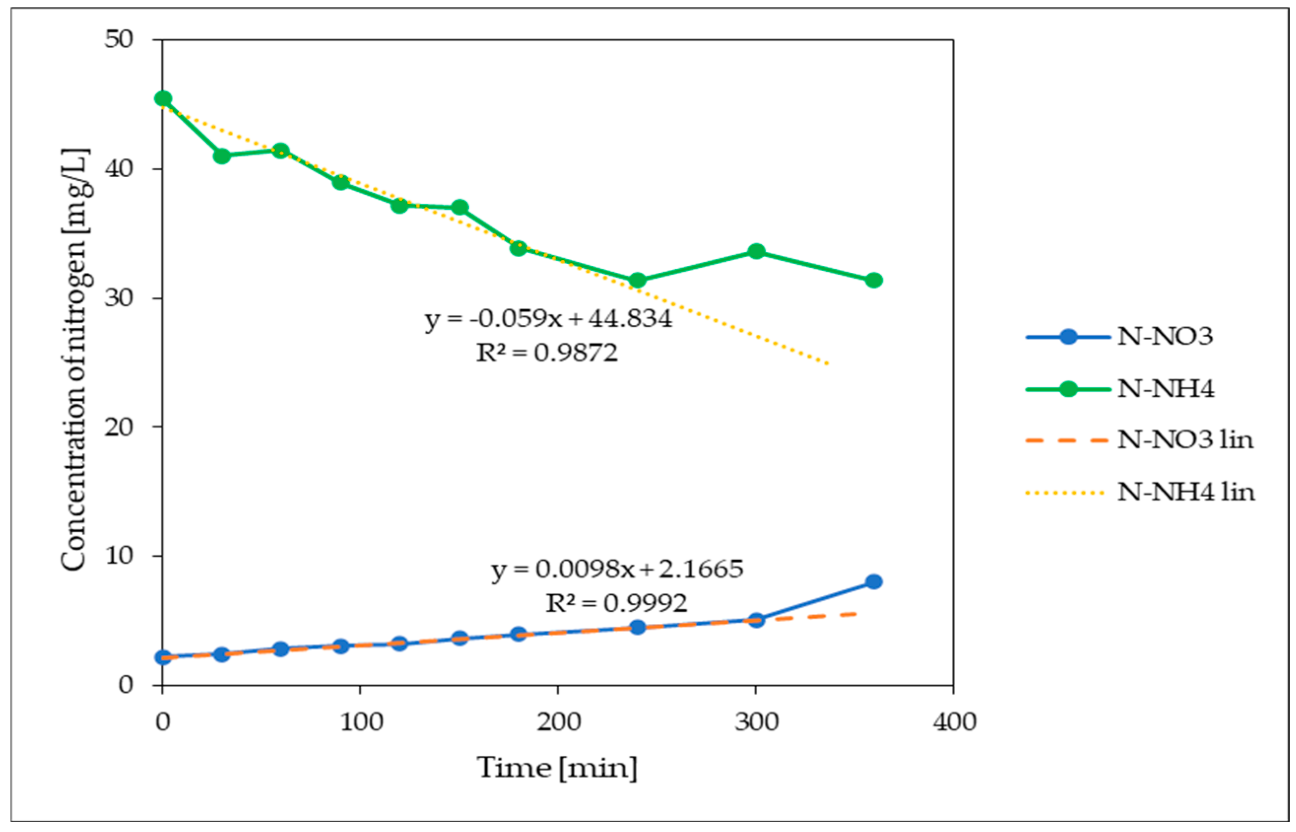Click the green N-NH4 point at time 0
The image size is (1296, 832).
click(162, 98)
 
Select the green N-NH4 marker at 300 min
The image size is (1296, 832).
click(756, 251)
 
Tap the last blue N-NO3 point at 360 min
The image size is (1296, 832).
click(874, 582)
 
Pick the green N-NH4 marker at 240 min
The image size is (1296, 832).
click(638, 280)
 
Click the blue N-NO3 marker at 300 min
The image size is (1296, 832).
click(756, 620)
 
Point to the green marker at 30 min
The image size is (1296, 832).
click(222, 156)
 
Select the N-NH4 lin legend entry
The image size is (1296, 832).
click(1186, 492)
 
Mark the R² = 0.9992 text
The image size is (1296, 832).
click(616, 603)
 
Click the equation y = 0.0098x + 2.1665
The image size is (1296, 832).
click(617, 569)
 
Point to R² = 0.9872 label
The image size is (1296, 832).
click(546, 353)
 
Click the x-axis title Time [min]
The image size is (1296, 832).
click(556, 768)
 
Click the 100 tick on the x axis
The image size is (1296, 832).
click(361, 723)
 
